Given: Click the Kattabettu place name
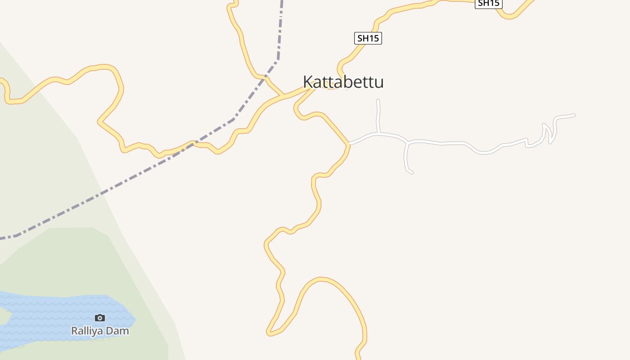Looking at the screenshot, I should (x=343, y=82).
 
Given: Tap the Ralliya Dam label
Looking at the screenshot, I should (x=100, y=331).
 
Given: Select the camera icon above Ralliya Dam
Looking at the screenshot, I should (x=100, y=318).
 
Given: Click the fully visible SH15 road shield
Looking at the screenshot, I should (x=368, y=38).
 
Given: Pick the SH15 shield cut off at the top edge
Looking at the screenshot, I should (x=488, y=3).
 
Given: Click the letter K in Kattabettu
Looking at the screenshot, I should (x=308, y=82).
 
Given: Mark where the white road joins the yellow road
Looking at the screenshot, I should (x=349, y=144).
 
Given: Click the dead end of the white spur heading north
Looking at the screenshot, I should (x=378, y=100).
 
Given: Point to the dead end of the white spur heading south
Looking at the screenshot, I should (x=411, y=172).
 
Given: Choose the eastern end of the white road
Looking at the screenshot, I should (x=574, y=115).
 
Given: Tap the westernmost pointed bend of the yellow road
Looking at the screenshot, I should (x=99, y=121).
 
